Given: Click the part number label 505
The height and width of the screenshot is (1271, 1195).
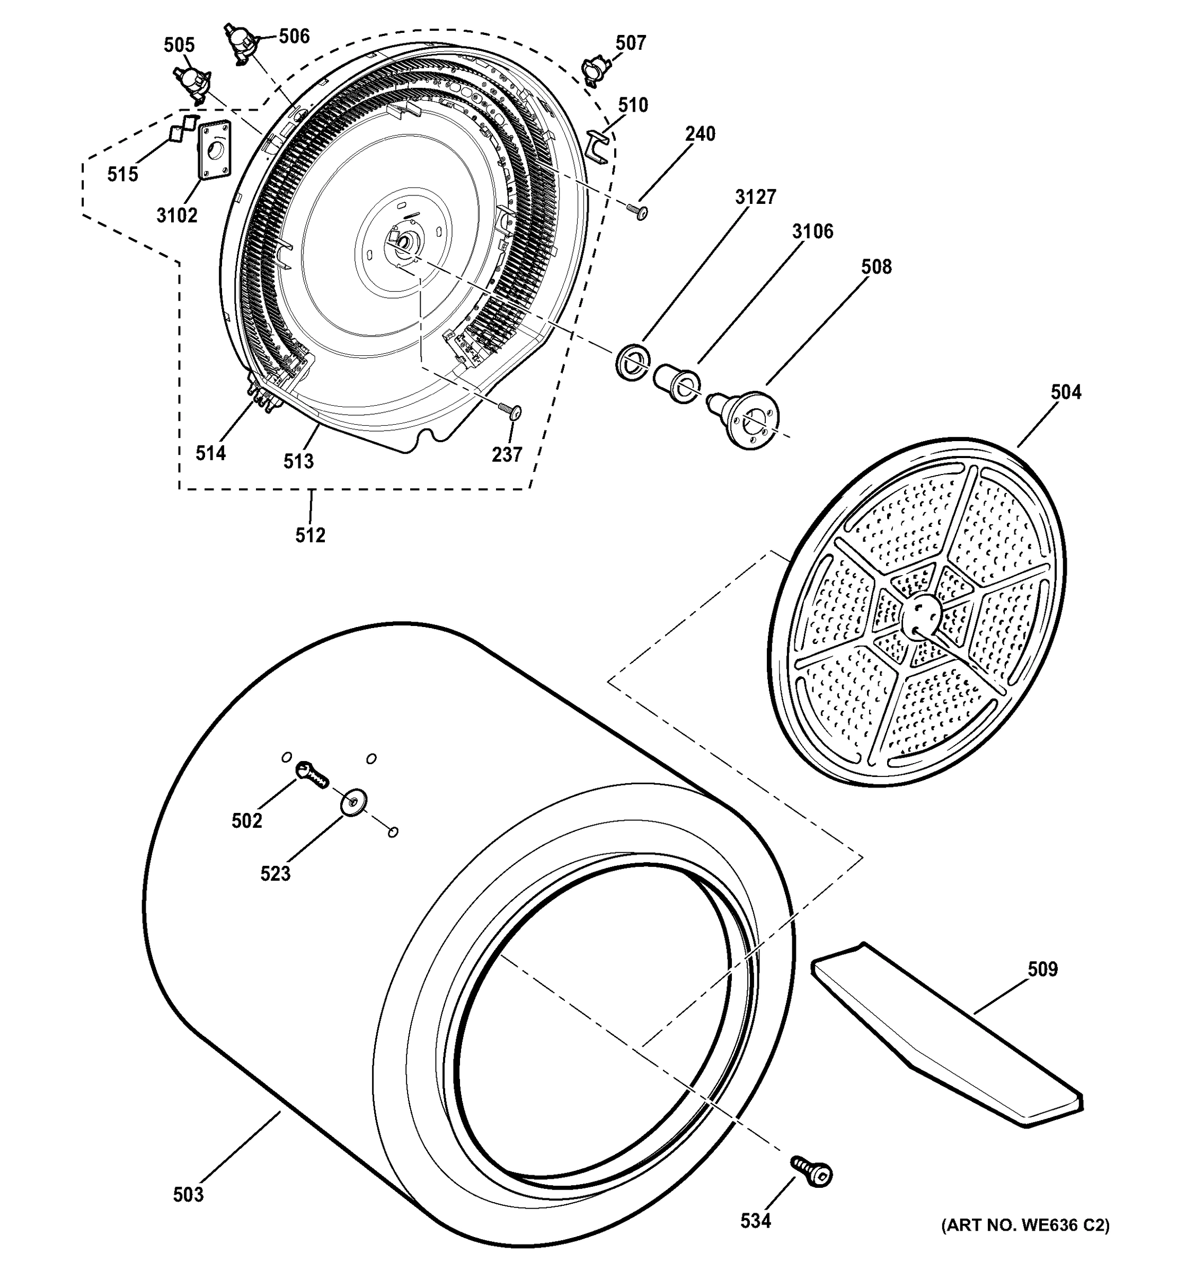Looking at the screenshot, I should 179,46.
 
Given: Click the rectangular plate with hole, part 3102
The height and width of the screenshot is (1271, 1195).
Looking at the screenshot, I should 214,151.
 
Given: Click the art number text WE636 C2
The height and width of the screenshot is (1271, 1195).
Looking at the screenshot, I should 1025,1225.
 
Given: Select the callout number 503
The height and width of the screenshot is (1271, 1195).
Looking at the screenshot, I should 189,1194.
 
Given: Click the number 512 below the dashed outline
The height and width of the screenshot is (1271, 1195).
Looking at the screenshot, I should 310,535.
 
